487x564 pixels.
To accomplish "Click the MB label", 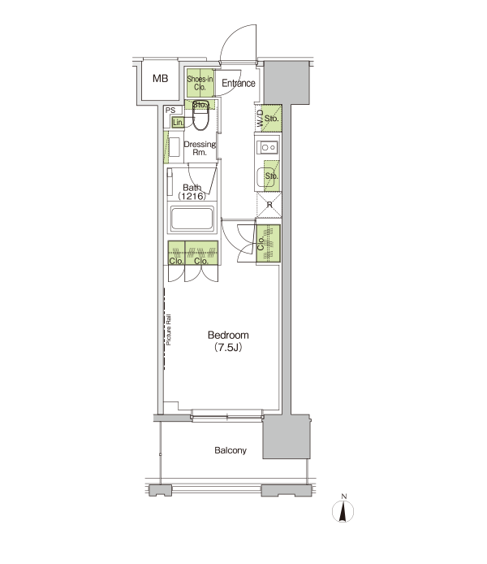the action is pyautogui.click(x=160, y=78).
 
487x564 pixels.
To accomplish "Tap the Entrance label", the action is pyautogui.click(x=239, y=83).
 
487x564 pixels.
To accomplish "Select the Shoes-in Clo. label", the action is pyautogui.click(x=200, y=83).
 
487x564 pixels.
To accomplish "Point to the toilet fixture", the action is pyautogui.click(x=200, y=115).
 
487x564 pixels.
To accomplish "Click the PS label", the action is pyautogui.click(x=170, y=111).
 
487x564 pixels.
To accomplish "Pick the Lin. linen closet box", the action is pyautogui.click(x=178, y=122).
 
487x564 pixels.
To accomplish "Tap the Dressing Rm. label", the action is pyautogui.click(x=200, y=148).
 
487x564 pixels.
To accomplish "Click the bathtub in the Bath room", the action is pyautogui.click(x=192, y=219).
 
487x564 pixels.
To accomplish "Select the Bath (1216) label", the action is pyautogui.click(x=192, y=192).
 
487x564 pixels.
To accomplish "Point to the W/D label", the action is pyautogui.click(x=261, y=119).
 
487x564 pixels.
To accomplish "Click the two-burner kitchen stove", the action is pyautogui.click(x=268, y=147).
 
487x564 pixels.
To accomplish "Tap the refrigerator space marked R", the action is pyautogui.click(x=269, y=205).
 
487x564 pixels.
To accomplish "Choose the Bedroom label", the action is pyautogui.click(x=228, y=336).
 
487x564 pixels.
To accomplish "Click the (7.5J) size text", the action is pyautogui.click(x=228, y=348).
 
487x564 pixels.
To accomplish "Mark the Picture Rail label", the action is pyautogui.click(x=169, y=330).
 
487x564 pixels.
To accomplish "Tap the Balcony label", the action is pyautogui.click(x=231, y=450).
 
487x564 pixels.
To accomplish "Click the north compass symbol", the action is pyautogui.click(x=343, y=510).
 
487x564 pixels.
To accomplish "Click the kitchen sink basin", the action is pyautogui.click(x=268, y=177).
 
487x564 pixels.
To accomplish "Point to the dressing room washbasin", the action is pyautogui.click(x=174, y=147).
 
